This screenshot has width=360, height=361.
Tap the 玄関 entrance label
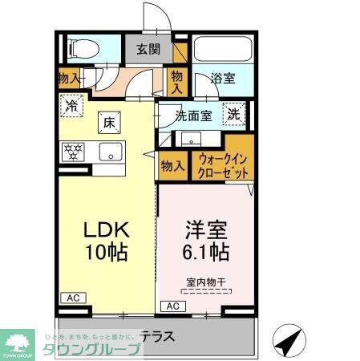(148, 49)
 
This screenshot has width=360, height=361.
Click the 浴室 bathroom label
(222, 79)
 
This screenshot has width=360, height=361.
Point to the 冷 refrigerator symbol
(73, 104)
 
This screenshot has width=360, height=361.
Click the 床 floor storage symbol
(108, 122)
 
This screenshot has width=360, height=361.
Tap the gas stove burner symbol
(74, 151)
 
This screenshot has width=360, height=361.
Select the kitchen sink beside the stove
(107, 151)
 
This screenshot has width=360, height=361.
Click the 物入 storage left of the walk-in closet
(172, 166)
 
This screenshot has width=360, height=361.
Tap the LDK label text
(107, 229)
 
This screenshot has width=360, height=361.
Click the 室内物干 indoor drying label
(205, 282)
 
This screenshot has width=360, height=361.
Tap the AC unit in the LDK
(71, 296)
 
